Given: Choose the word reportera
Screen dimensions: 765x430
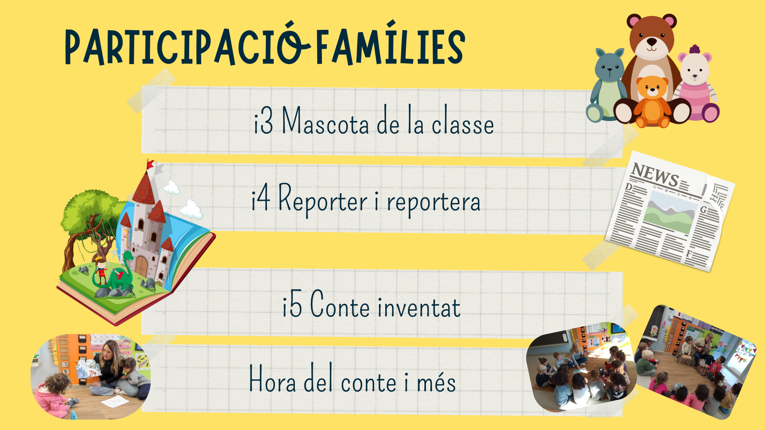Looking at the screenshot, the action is click(433, 203).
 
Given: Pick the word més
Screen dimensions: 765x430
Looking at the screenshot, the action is click(436, 381).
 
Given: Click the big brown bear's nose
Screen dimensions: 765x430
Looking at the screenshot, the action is click(651, 41).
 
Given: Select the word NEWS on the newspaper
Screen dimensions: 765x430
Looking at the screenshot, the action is click(655, 174).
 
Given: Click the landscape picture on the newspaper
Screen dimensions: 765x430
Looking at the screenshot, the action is click(668, 212).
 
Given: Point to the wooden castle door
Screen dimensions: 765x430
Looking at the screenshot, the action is click(141, 265).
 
